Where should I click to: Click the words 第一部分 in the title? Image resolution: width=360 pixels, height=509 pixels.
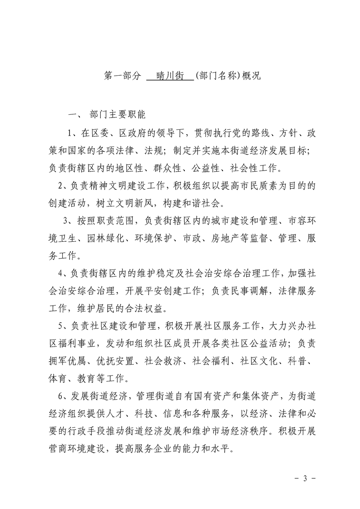(x=120, y=76)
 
